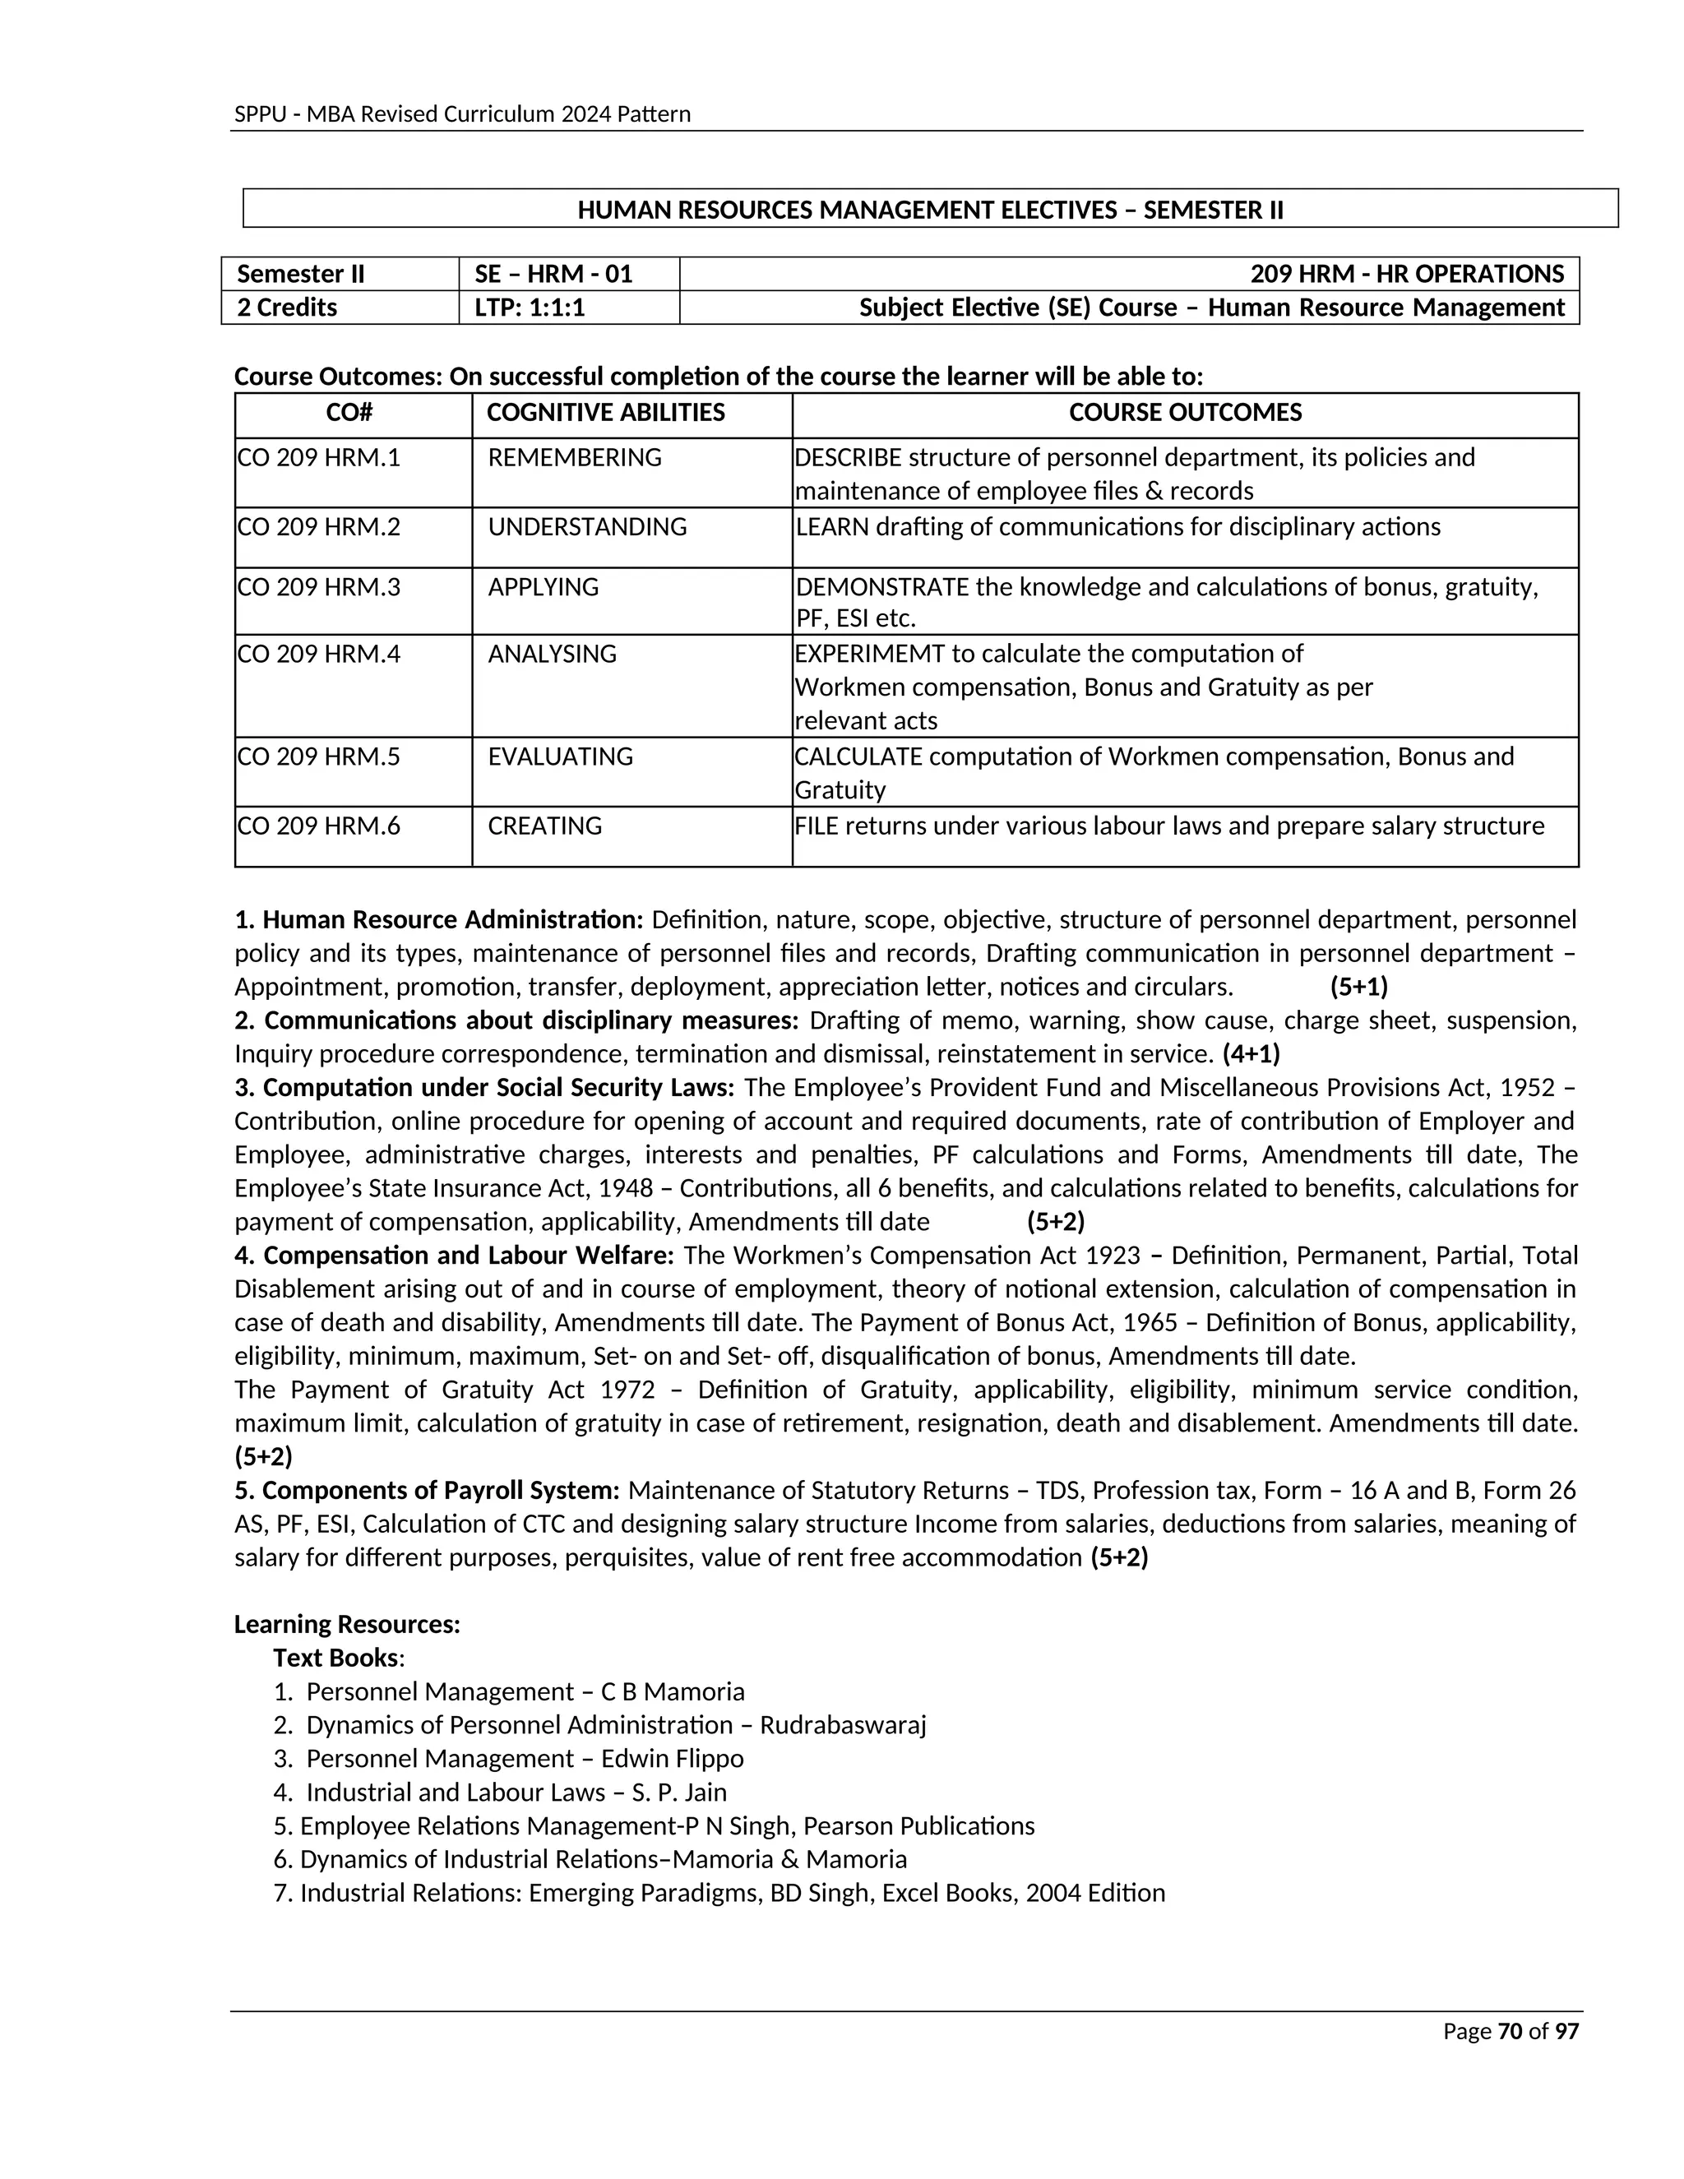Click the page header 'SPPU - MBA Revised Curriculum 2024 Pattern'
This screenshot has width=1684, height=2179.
click(x=462, y=113)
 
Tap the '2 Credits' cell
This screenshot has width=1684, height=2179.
click(x=287, y=308)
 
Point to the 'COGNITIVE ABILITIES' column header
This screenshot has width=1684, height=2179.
click(x=605, y=413)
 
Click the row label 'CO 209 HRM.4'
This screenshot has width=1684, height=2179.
click(x=318, y=654)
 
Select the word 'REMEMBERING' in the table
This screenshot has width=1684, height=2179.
click(x=575, y=458)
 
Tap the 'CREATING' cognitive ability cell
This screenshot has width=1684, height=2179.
click(x=544, y=826)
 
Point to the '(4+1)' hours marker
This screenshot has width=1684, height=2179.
click(x=1251, y=1053)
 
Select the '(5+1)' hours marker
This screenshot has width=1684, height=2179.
click(x=1358, y=987)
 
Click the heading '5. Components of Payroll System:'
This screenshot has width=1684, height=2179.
click(x=427, y=1491)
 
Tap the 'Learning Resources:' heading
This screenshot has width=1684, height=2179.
click(x=347, y=1624)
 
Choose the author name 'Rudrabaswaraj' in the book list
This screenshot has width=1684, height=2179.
click(x=843, y=1725)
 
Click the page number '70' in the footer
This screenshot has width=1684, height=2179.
click(x=1510, y=2031)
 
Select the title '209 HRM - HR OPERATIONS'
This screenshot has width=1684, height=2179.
click(x=1407, y=275)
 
